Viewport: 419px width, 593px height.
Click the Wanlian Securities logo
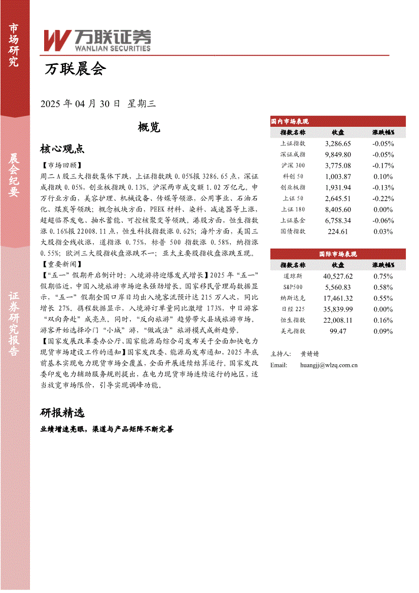97,40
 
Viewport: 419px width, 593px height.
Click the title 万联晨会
76,69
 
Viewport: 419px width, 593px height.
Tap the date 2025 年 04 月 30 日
81,103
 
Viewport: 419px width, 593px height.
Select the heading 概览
149,127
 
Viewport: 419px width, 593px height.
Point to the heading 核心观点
62,149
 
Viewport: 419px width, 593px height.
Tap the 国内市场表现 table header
290,122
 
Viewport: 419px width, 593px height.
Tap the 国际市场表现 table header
338,254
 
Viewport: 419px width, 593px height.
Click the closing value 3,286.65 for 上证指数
338,144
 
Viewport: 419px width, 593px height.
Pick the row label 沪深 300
293,165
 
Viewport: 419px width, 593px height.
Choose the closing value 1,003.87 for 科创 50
338,177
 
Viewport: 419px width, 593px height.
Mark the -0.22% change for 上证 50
383,198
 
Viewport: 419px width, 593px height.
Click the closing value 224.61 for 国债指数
338,231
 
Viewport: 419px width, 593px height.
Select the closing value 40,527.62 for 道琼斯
338,276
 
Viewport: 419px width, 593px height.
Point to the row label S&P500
293,287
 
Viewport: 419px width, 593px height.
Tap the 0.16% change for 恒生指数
383,320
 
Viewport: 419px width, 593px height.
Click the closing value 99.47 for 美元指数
338,331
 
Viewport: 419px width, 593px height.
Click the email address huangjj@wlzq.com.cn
329,365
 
